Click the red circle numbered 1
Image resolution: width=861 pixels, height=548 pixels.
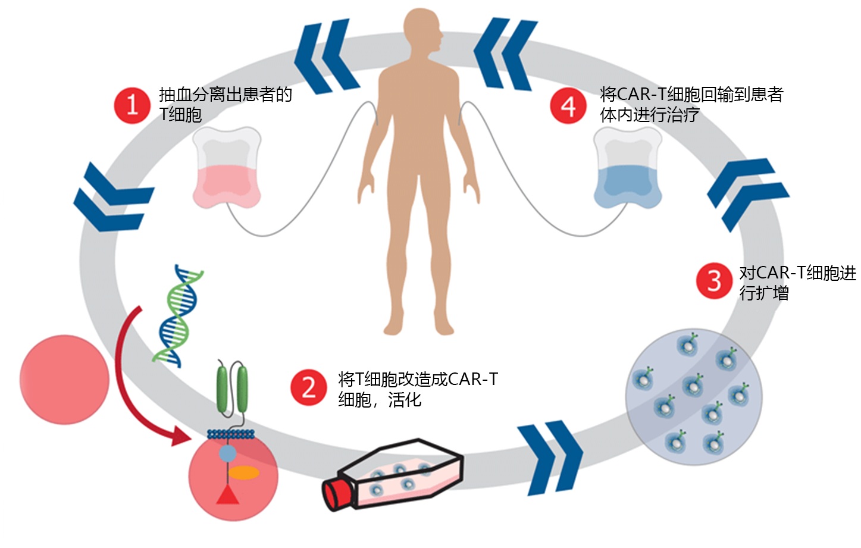point(132,106)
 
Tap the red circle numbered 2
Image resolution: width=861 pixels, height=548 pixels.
point(308,388)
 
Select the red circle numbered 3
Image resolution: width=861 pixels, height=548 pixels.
point(714,281)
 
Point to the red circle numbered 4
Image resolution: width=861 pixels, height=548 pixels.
point(568,107)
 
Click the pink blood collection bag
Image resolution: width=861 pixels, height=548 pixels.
point(227,169)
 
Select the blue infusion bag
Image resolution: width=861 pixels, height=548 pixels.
point(628,169)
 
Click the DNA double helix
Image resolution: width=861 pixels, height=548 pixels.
point(177,315)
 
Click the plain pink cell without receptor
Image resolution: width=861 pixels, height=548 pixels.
point(64,380)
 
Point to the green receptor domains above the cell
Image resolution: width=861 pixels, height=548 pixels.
point(232,389)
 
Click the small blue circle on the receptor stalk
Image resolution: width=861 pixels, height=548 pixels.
point(227,454)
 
